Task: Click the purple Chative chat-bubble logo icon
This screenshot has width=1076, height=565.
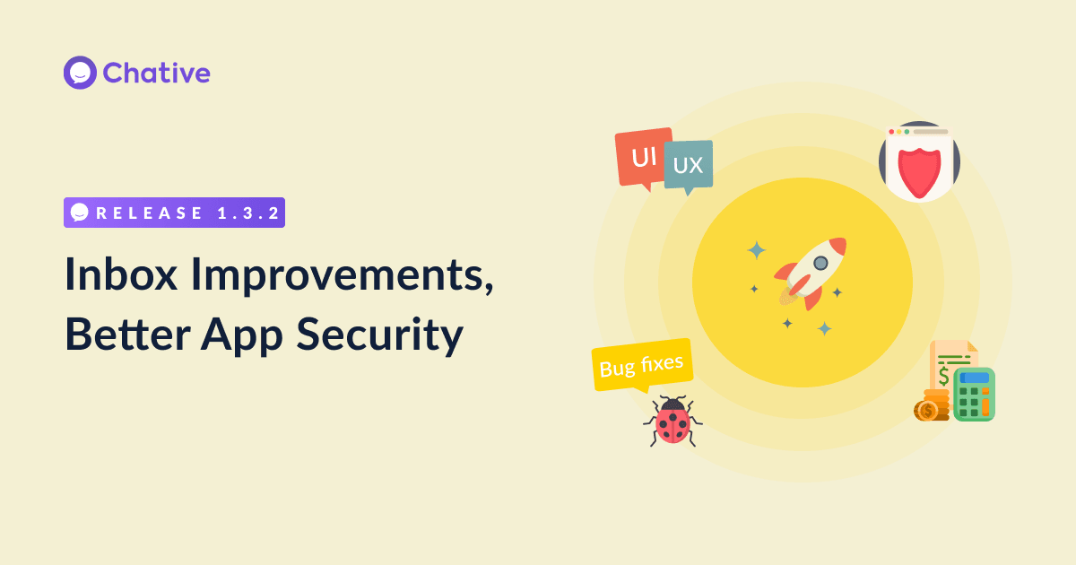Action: pyautogui.click(x=80, y=73)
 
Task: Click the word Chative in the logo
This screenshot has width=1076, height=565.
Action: pyautogui.click(x=157, y=73)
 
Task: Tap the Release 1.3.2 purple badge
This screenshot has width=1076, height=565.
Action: pyautogui.click(x=174, y=213)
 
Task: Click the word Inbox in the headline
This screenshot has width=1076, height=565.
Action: pyautogui.click(x=121, y=274)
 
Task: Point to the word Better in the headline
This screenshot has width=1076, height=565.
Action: pyautogui.click(x=127, y=334)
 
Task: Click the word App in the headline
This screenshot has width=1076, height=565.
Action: pyautogui.click(x=242, y=336)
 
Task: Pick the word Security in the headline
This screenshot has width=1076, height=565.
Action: pyautogui.click(x=380, y=336)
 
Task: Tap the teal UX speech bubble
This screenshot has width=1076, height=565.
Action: pyautogui.click(x=689, y=166)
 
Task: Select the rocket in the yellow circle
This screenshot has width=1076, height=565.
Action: pyautogui.click(x=811, y=273)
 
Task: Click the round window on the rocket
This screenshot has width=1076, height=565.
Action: pyautogui.click(x=821, y=263)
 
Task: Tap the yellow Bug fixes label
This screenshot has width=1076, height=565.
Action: pyautogui.click(x=642, y=366)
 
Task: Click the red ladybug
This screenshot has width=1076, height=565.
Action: pyautogui.click(x=673, y=422)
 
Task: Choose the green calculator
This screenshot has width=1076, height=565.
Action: pyautogui.click(x=974, y=395)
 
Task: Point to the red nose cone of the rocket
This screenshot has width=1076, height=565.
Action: pyautogui.click(x=837, y=246)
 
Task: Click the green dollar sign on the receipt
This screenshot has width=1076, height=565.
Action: pyautogui.click(x=944, y=376)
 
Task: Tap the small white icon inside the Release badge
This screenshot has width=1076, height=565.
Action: pyautogui.click(x=80, y=213)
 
